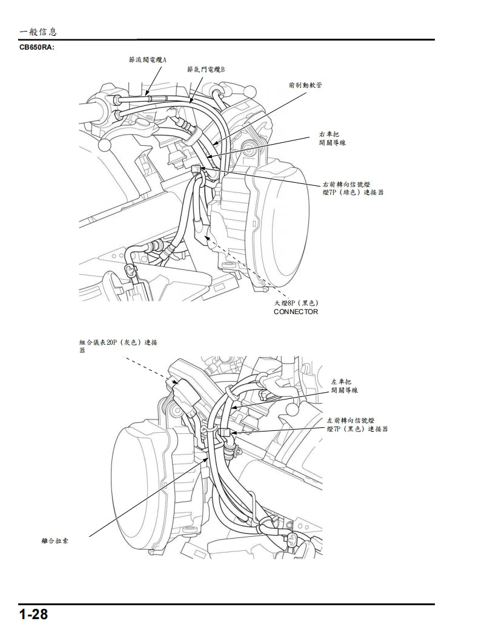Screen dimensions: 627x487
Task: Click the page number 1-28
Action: click(x=33, y=614)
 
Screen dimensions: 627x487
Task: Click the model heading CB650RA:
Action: click(x=38, y=47)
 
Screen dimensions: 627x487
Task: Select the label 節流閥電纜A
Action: click(x=147, y=61)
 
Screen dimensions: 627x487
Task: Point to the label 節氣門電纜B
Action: click(x=206, y=70)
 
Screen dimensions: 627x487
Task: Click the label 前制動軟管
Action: click(x=305, y=85)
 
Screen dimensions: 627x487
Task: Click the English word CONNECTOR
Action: click(x=296, y=312)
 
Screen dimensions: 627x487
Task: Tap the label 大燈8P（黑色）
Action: click(x=296, y=303)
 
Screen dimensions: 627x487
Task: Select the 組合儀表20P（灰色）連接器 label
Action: click(x=118, y=346)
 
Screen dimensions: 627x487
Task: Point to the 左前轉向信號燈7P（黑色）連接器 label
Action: click(x=357, y=424)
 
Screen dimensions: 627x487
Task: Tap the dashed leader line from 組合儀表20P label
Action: click(x=148, y=368)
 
